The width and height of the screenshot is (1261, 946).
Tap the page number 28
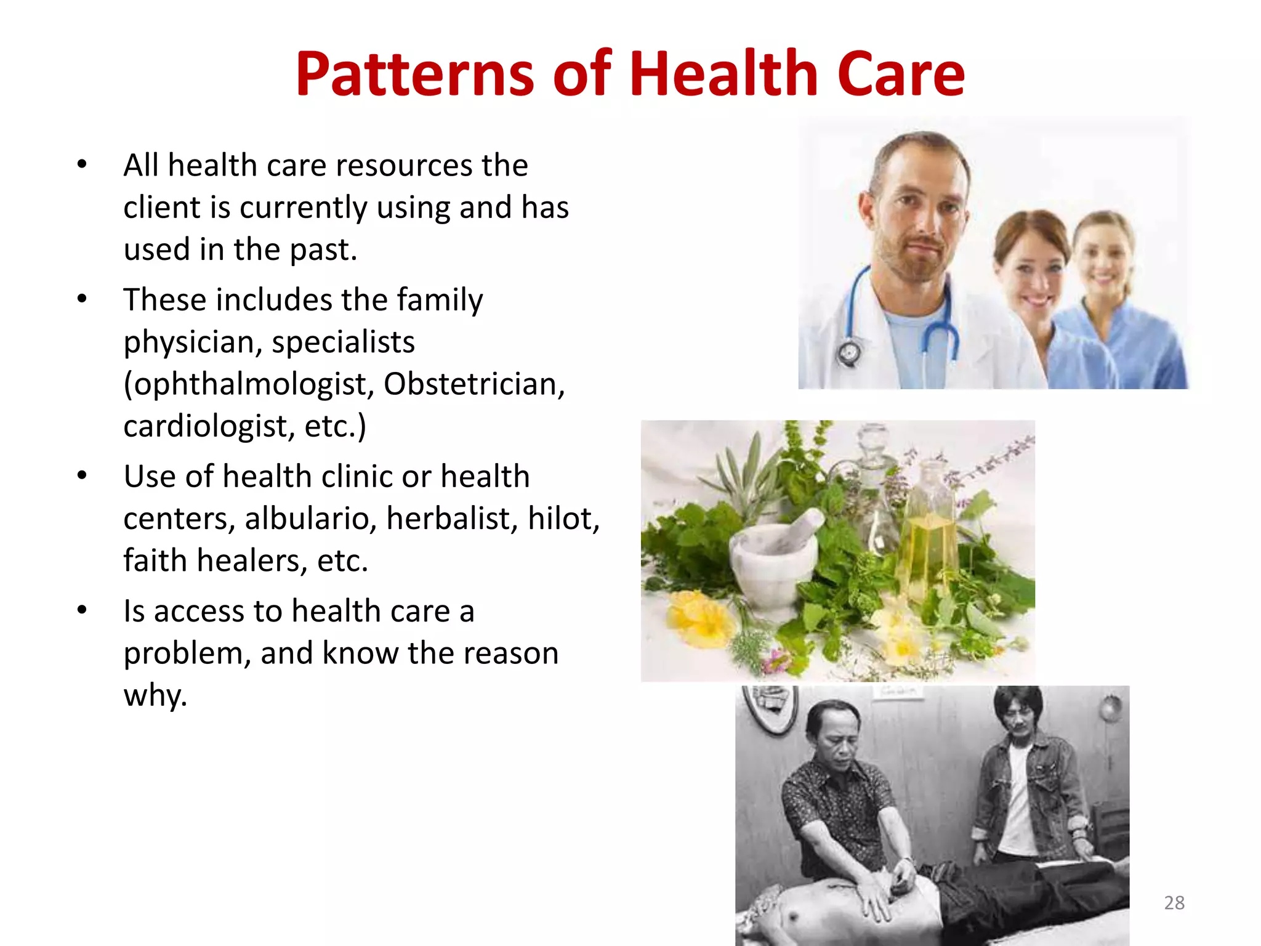[x=1174, y=903]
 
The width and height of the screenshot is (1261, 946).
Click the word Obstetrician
[x=474, y=384]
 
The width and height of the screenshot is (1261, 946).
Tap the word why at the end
[x=153, y=696]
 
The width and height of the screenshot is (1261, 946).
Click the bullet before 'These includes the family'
[x=82, y=299]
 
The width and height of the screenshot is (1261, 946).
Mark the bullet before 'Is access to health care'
[x=82, y=610]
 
